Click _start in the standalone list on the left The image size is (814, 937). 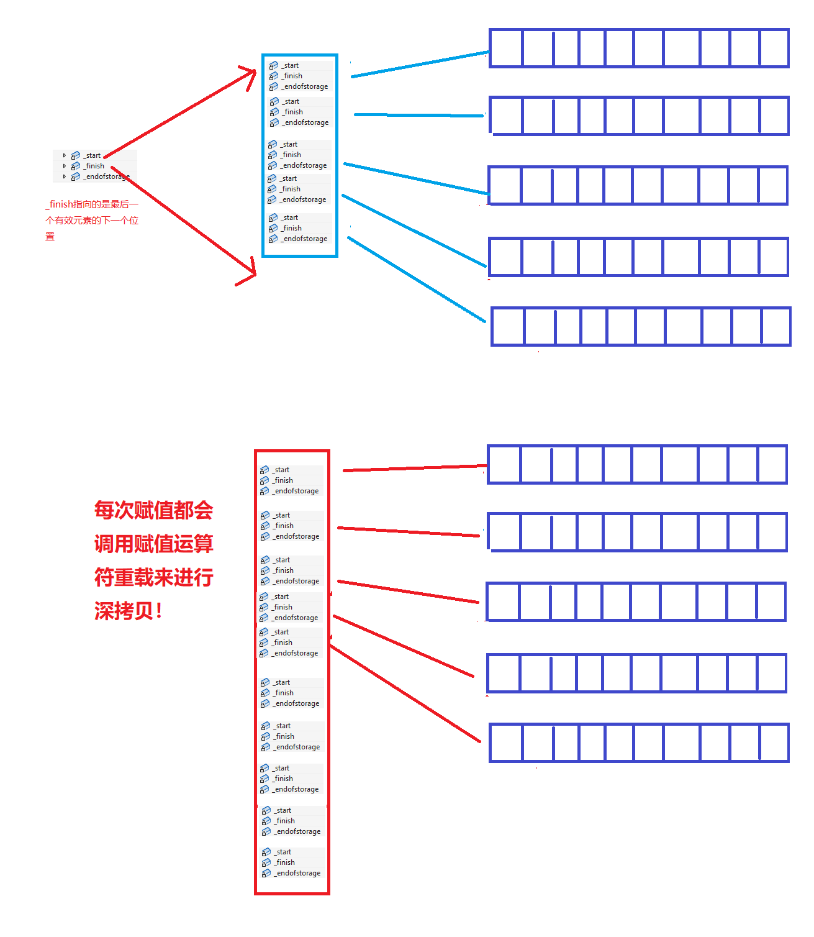coord(93,155)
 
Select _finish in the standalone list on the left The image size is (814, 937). coord(95,166)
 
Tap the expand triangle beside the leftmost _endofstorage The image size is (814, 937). coord(64,176)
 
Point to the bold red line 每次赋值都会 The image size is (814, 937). coord(153,511)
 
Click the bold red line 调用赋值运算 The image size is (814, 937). coord(153,544)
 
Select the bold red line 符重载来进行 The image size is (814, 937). coord(153,578)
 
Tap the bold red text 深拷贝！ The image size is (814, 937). coord(129,611)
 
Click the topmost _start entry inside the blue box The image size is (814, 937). coord(291,65)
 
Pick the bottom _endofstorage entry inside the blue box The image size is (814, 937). coord(305,239)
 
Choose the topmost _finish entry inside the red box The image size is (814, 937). coord(284,480)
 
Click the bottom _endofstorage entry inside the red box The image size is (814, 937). coord(299,873)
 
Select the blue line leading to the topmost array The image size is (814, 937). coord(420,64)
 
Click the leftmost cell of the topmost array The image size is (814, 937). coord(506,48)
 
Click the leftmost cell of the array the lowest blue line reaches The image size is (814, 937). coord(508,326)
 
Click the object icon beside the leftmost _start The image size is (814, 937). coord(76,155)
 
